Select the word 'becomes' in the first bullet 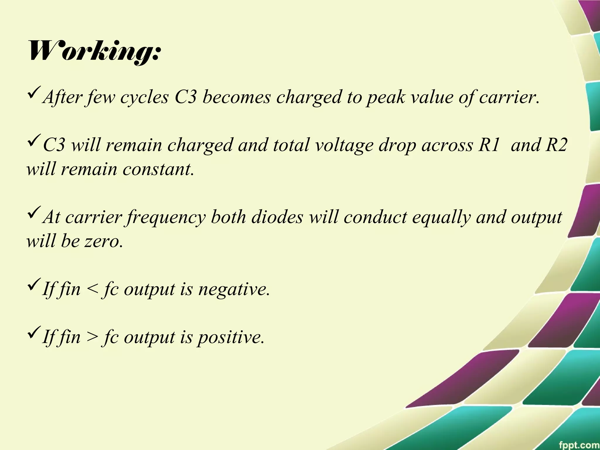click(x=237, y=97)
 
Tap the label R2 click(x=556, y=145)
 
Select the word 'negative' click(x=234, y=289)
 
